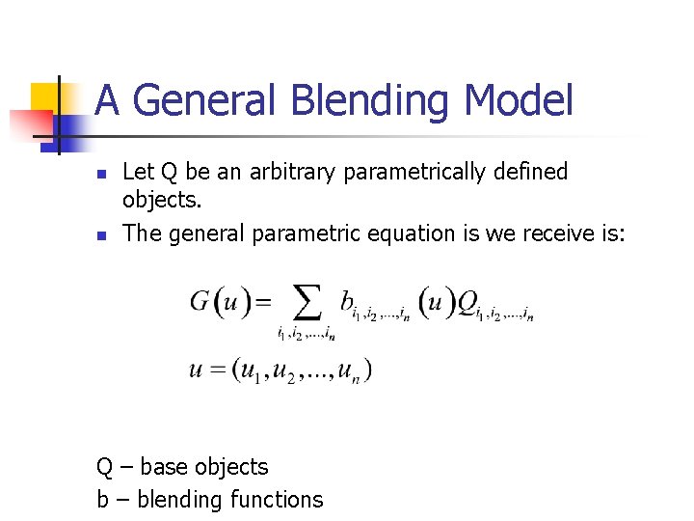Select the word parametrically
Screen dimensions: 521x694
[x=415, y=172]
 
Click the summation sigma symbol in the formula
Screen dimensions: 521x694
[x=307, y=304]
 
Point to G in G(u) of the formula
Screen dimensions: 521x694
[x=200, y=302]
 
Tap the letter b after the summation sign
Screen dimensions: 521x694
[x=346, y=302]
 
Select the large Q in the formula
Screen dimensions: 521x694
[x=467, y=303]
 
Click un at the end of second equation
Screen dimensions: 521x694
[x=351, y=370]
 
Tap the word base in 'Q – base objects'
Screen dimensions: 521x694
[x=164, y=467]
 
